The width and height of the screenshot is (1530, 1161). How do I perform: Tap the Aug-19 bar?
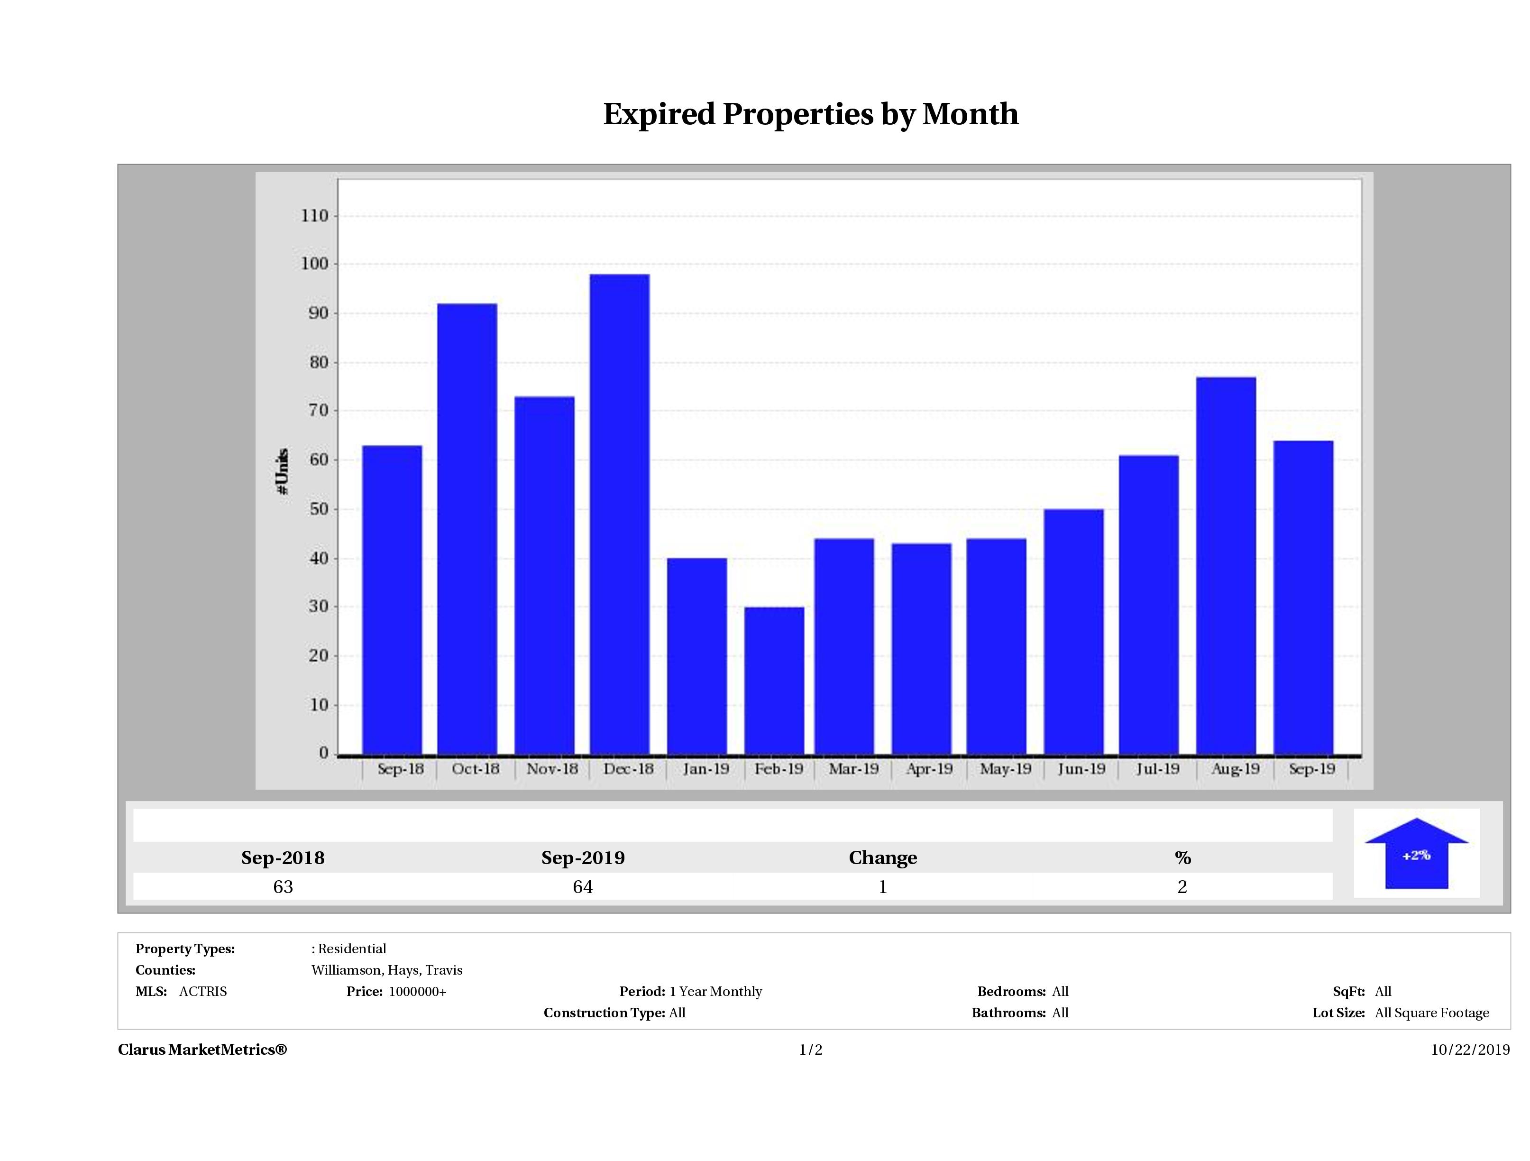tap(1226, 565)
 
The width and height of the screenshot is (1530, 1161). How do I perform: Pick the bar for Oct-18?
tap(467, 529)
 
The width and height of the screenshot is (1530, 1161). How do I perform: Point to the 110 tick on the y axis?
tap(315, 216)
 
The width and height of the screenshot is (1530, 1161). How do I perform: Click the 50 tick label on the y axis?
tap(318, 509)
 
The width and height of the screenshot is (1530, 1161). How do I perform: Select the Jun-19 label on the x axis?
tap(1081, 769)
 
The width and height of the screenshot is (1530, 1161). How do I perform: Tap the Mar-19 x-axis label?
tap(853, 769)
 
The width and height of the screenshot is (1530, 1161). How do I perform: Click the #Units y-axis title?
tap(282, 470)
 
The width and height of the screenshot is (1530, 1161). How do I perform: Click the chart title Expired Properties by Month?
tap(811, 114)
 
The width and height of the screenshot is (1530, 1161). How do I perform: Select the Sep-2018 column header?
tap(283, 858)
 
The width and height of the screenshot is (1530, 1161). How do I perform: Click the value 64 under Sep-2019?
tap(582, 887)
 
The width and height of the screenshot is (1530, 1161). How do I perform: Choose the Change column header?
tap(883, 858)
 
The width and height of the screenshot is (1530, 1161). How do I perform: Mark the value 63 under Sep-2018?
tap(283, 887)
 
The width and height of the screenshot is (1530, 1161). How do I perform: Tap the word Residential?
tap(352, 949)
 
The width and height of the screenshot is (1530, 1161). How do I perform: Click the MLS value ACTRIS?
tap(202, 992)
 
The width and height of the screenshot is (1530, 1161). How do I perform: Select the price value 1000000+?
tap(418, 992)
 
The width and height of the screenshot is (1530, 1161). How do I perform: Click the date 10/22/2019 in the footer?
tap(1470, 1050)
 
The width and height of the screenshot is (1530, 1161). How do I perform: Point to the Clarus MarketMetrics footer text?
tap(202, 1050)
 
